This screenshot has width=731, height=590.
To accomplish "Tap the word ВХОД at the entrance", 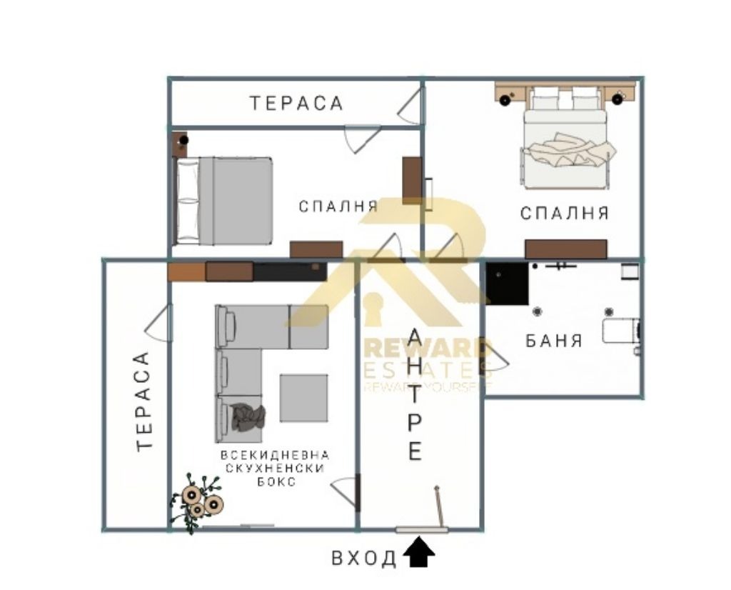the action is pos(363,558).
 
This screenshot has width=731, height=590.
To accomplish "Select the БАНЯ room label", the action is pos(554,341).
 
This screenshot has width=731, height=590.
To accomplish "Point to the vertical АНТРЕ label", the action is pos(415,394).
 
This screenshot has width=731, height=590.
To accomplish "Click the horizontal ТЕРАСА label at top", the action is pos(296,103).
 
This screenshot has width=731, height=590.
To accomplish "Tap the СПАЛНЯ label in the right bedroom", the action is pos(565,213).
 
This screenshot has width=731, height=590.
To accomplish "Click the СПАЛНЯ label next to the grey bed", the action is pos(338,206).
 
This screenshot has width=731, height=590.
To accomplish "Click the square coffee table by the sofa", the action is pos(303,398).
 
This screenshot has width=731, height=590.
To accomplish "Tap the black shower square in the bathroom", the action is pos(508,284).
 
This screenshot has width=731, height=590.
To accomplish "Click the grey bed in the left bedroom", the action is pos(223,201).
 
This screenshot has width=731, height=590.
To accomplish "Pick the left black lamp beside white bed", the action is pos(505,99).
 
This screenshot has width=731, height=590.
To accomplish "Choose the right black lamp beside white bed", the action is pos(617,99).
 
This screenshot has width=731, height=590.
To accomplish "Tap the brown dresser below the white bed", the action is pos(566,249).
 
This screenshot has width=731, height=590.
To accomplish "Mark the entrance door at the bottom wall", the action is pos(422,530).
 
